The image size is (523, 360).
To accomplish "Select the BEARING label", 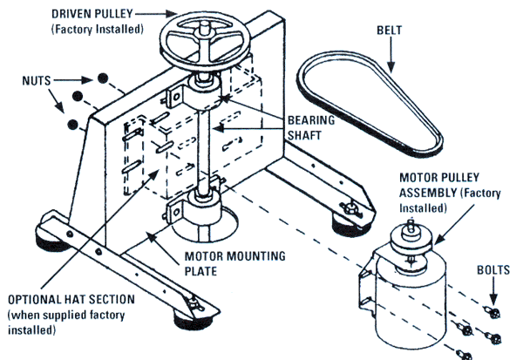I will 312,119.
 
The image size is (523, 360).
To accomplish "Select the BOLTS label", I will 493,270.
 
